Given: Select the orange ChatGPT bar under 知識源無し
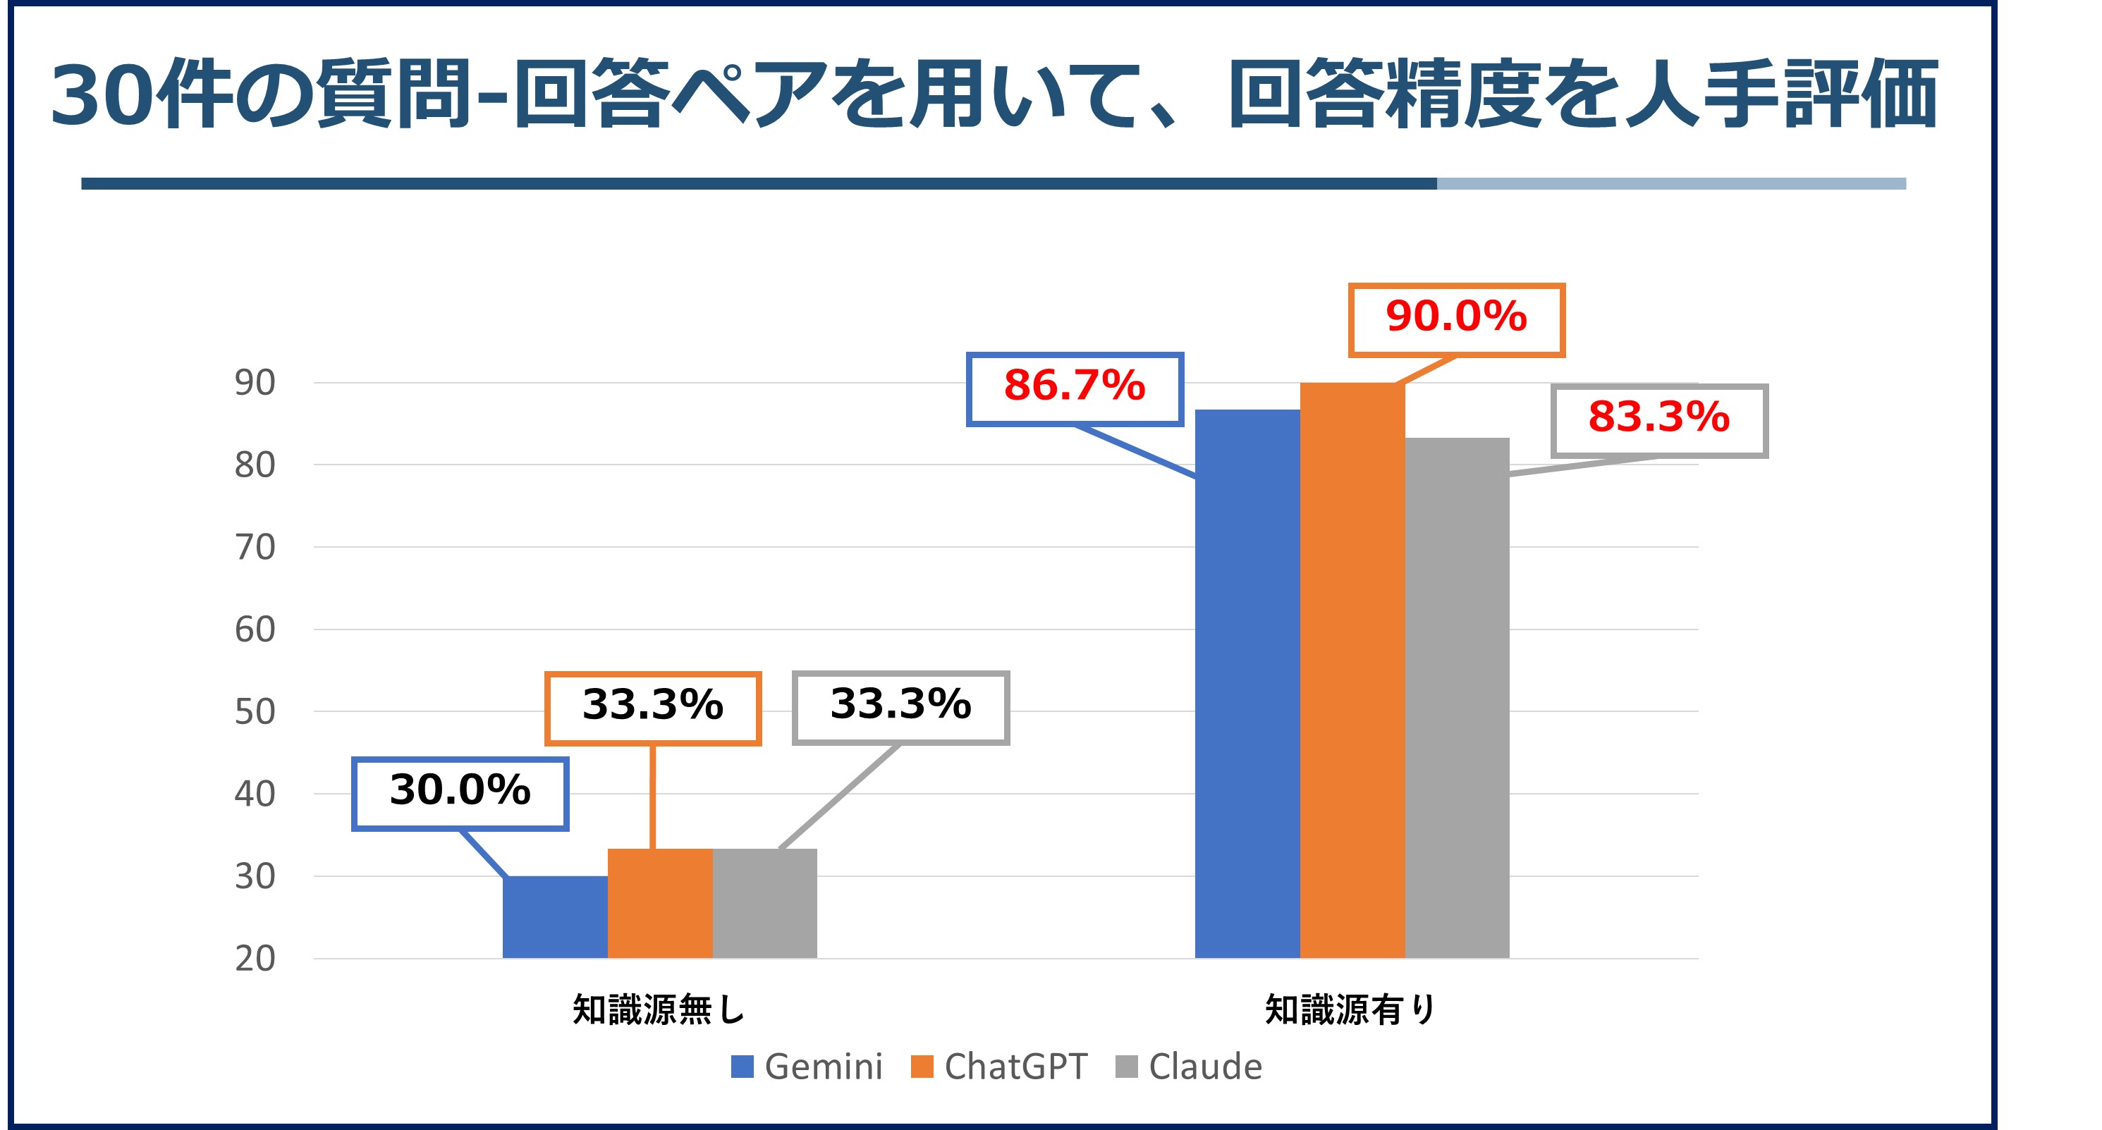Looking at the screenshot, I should tap(659, 903).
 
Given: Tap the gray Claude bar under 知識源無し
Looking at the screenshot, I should tap(764, 903).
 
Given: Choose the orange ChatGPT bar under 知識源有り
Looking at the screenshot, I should tap(1352, 670).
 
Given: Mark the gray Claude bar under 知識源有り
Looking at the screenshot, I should tap(1457, 698).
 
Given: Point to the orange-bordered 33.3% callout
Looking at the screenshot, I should tap(653, 707).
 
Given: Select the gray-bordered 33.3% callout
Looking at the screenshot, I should tap(901, 706).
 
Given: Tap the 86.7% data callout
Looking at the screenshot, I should tap(1075, 388).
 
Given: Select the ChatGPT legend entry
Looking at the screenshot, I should tap(1000, 1067).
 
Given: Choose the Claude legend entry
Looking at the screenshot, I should tap(1189, 1067).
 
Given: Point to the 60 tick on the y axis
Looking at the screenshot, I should tap(255, 630).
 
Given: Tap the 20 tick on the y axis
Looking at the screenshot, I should tap(255, 959).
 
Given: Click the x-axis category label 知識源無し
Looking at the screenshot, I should tap(659, 1010).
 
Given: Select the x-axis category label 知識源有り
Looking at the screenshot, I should tap(1351, 1010).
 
